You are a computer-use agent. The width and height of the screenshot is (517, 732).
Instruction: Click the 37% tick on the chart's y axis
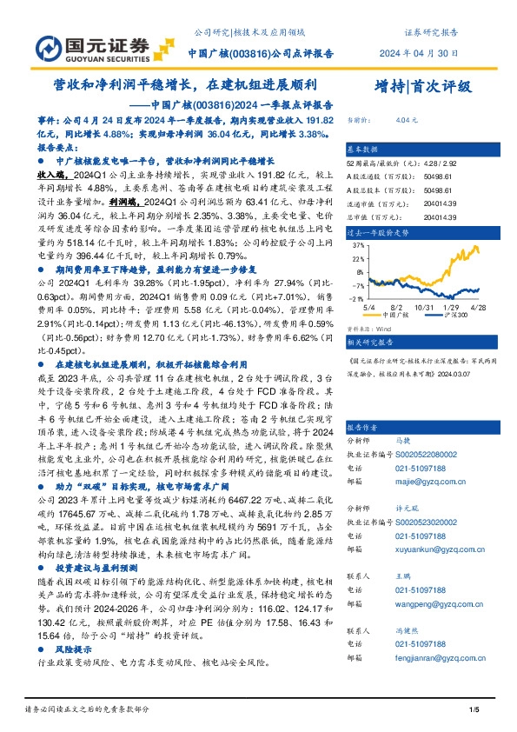point(355,245)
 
